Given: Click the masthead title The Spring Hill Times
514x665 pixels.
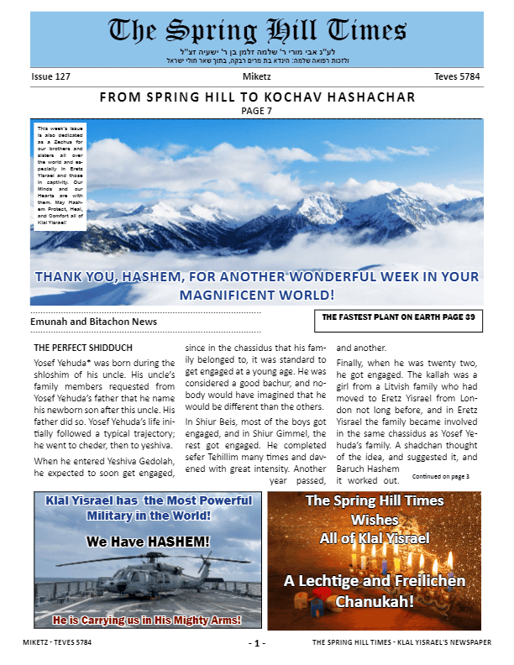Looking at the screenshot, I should pyautogui.click(x=258, y=32).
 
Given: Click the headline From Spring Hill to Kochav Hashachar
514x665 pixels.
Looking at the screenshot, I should pyautogui.click(x=257, y=97).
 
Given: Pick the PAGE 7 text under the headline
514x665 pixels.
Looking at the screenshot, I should pyautogui.click(x=257, y=111).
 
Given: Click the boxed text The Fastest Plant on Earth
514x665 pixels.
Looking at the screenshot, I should pyautogui.click(x=398, y=317).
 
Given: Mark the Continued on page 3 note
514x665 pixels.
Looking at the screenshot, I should pyautogui.click(x=441, y=476).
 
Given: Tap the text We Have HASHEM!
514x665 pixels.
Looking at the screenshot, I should pyautogui.click(x=148, y=542).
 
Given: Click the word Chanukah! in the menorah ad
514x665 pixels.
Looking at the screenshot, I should pyautogui.click(x=374, y=601).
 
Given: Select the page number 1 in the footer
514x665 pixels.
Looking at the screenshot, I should pyautogui.click(x=257, y=643).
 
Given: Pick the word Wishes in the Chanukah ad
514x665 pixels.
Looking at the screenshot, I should pyautogui.click(x=375, y=520).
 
